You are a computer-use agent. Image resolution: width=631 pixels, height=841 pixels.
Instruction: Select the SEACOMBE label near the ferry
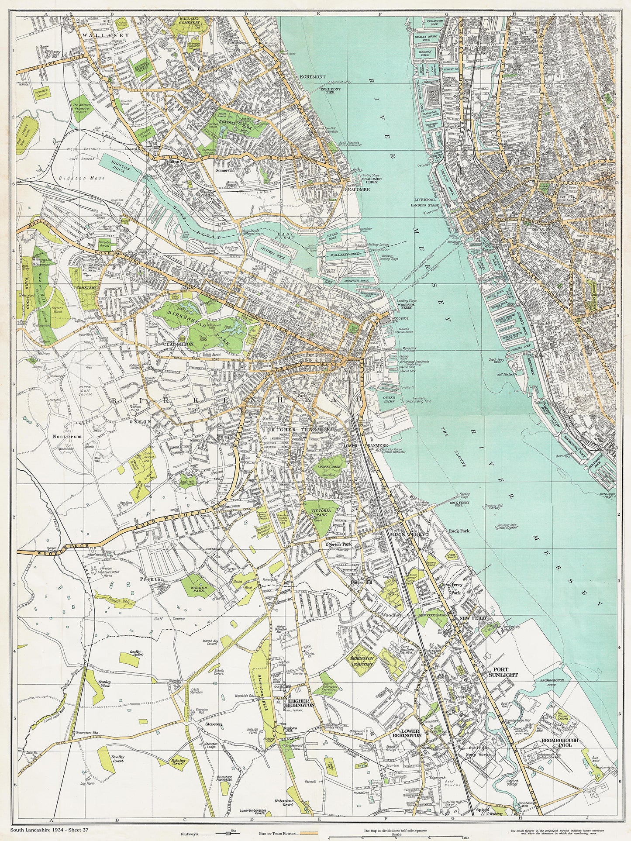[357, 190]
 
